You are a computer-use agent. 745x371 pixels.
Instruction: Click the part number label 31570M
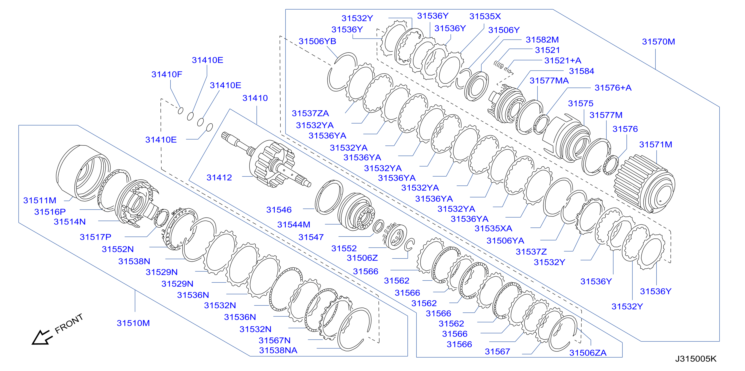click(x=658, y=42)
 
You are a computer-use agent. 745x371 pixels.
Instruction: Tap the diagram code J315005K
click(x=695, y=359)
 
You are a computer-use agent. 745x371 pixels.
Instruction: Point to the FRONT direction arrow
click(x=42, y=337)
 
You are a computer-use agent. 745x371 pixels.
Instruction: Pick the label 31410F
click(x=166, y=74)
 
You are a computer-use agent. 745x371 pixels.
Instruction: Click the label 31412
click(x=219, y=177)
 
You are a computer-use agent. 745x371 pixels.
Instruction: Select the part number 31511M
click(x=39, y=200)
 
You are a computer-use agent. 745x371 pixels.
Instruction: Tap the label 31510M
click(x=133, y=323)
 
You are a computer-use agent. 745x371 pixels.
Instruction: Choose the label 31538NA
click(x=278, y=350)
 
